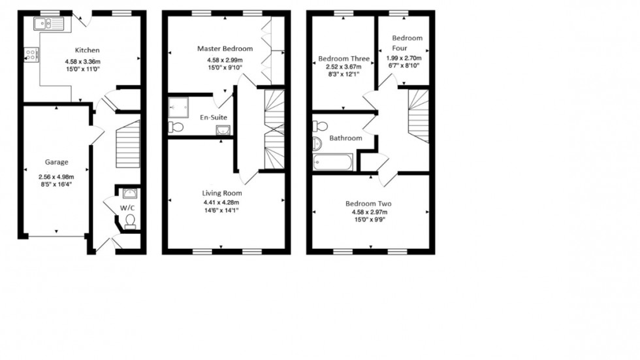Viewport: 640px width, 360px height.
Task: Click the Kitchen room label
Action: click(87, 50)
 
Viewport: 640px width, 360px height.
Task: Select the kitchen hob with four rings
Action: click(30, 56)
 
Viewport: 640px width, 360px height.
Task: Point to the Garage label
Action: click(57, 163)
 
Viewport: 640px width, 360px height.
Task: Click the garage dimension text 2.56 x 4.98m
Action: click(57, 176)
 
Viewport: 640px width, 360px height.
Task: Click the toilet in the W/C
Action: click(129, 221)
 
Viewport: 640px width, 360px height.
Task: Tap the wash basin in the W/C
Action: click(129, 192)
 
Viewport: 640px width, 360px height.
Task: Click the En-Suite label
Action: click(214, 118)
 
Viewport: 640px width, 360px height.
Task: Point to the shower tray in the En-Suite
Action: click(178, 106)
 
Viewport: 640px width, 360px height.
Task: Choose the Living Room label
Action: click(222, 193)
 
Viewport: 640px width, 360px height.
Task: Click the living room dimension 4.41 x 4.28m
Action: click(222, 203)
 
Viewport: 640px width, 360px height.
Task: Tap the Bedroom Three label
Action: click(344, 59)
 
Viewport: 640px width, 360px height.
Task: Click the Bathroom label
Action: click(345, 139)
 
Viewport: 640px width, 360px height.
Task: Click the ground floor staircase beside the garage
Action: click(128, 144)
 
